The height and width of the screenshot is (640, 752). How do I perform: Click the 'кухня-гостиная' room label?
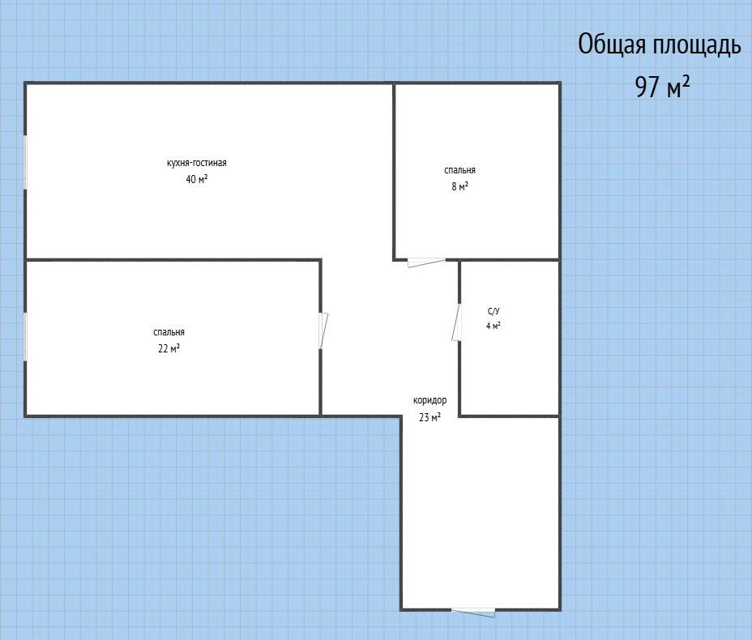point(197,163)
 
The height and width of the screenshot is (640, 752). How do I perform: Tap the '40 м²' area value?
point(197,179)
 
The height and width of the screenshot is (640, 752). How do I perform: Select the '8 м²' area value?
point(459,186)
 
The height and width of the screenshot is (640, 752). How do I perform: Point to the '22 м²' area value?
point(169,348)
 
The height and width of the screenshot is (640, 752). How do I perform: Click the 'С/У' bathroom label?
point(493,312)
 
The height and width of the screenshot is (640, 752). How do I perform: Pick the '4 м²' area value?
point(493,326)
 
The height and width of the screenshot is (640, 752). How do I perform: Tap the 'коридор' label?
point(429,400)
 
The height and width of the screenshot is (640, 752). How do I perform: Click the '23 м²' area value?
point(429,417)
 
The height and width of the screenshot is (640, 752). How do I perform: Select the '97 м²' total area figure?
point(662,87)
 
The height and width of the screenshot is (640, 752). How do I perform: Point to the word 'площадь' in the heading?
point(696,45)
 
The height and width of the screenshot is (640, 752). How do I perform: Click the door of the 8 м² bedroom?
point(426,262)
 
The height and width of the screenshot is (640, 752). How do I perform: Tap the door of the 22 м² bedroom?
point(323,331)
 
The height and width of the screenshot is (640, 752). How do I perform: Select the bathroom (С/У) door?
point(456,322)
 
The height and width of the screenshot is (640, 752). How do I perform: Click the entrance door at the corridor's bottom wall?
point(473,612)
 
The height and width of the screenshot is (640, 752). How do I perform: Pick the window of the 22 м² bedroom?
point(25,336)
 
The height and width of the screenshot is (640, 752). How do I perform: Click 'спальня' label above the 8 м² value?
point(459,170)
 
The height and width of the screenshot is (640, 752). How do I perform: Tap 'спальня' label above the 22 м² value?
point(169,332)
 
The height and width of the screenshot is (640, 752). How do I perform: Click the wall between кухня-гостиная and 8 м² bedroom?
point(394,172)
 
